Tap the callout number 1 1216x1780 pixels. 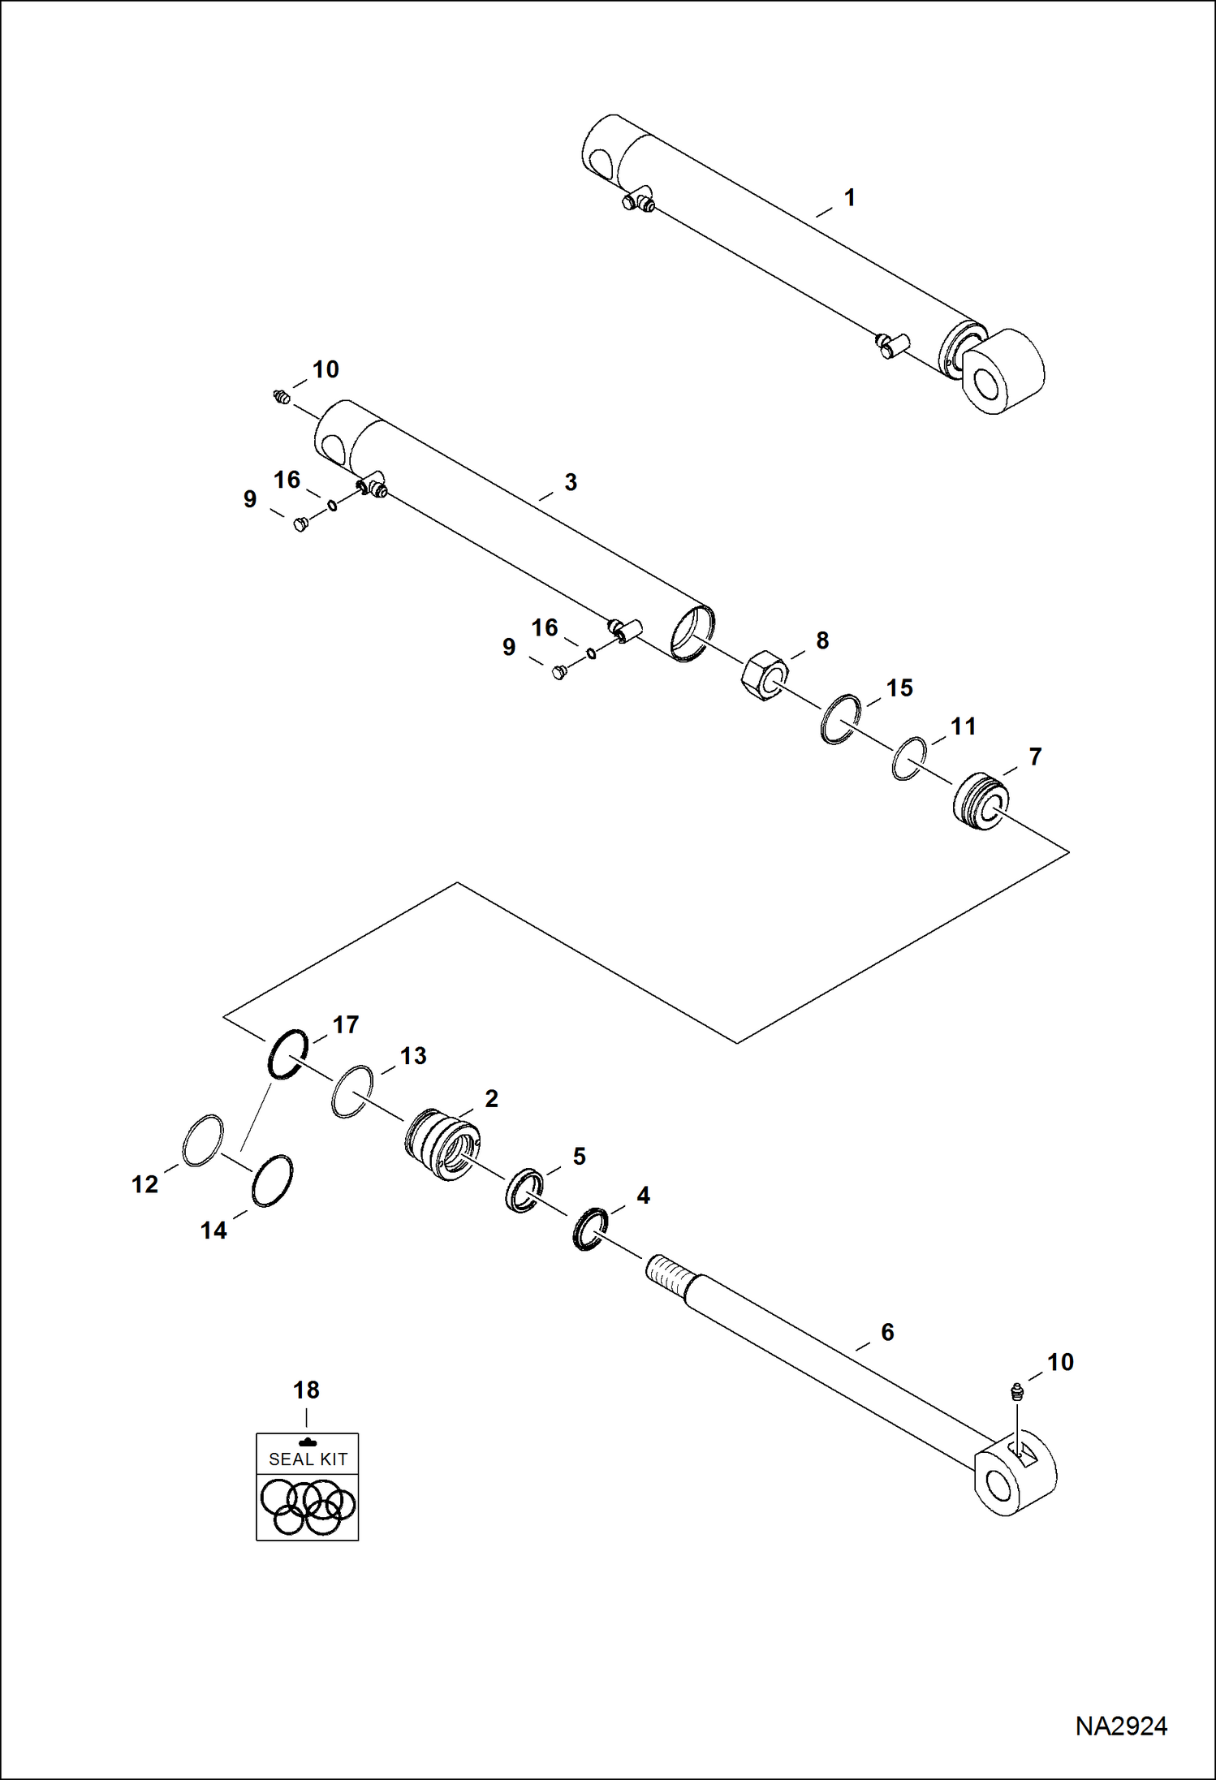(x=849, y=198)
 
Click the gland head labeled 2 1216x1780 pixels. (x=442, y=1144)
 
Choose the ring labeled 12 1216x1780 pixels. (x=202, y=1140)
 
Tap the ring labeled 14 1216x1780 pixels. (x=271, y=1180)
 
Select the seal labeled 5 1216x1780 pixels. (x=524, y=1190)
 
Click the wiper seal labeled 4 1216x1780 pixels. (x=589, y=1228)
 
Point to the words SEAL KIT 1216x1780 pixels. (x=308, y=1459)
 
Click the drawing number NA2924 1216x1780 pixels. (x=1121, y=1726)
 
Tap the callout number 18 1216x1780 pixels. (x=306, y=1390)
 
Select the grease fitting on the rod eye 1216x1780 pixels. (x=1016, y=1393)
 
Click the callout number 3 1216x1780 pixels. (x=571, y=482)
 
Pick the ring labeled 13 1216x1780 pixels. (x=352, y=1092)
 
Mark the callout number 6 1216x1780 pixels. (x=887, y=1332)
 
